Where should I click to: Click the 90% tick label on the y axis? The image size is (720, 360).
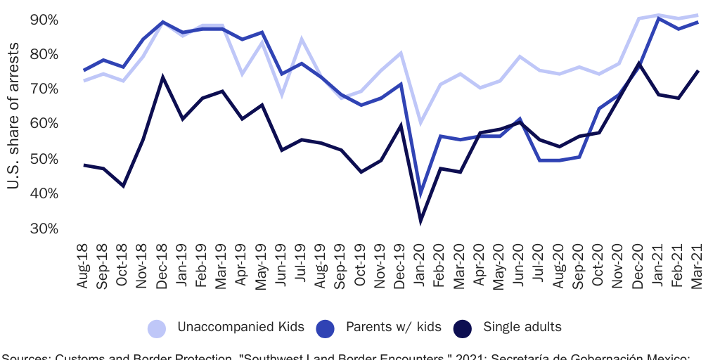[x=44, y=20]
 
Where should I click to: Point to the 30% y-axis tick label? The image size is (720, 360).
[x=44, y=229]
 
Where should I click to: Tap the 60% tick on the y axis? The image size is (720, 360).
[x=44, y=124]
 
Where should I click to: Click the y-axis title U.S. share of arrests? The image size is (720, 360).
[x=13, y=124]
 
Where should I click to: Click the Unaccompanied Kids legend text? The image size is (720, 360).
[x=240, y=327]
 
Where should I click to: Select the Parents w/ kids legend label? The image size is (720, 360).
[x=393, y=327]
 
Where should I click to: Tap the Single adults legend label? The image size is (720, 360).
[x=522, y=327]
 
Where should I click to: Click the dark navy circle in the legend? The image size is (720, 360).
[x=463, y=328]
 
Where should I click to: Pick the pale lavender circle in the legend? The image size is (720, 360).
[x=157, y=328]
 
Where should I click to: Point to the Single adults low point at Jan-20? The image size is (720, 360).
[x=421, y=221]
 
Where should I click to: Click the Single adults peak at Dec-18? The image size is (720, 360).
[x=163, y=77]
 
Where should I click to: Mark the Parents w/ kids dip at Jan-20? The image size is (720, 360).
[x=421, y=193]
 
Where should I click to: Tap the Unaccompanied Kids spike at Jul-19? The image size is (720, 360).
[x=302, y=39]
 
